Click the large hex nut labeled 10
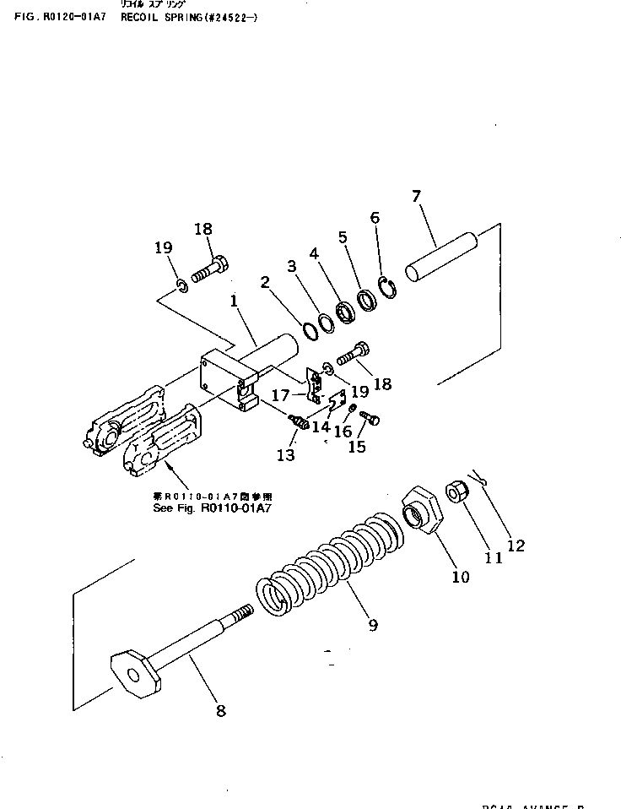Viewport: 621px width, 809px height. (422, 510)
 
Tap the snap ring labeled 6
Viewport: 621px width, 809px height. (387, 288)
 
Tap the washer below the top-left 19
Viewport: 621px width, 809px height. (182, 290)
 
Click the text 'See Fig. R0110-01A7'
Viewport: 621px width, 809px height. (209, 509)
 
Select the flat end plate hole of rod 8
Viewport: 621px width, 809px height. (133, 674)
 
